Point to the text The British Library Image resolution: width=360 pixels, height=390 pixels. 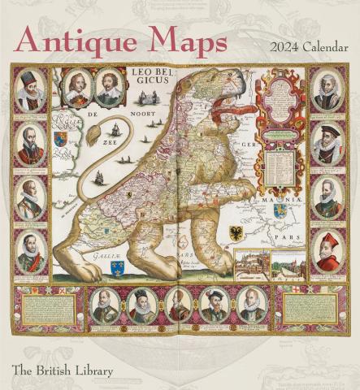pos(62,372)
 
